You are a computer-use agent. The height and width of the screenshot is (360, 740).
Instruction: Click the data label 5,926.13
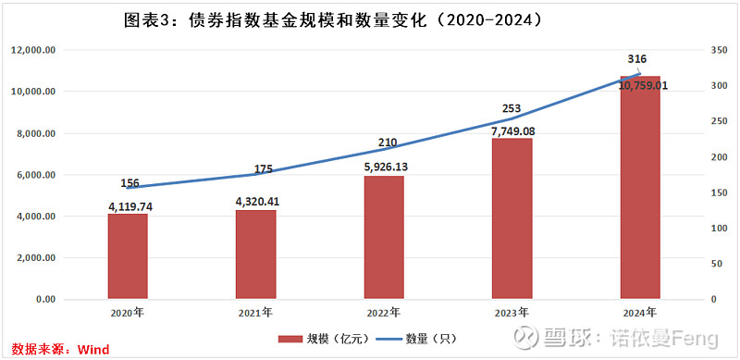pos(384,168)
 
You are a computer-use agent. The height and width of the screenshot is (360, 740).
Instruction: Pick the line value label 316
pos(637,59)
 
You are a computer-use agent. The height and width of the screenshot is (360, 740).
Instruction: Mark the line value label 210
pos(388,143)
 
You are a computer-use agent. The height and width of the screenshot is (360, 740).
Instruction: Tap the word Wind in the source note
pos(92,349)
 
